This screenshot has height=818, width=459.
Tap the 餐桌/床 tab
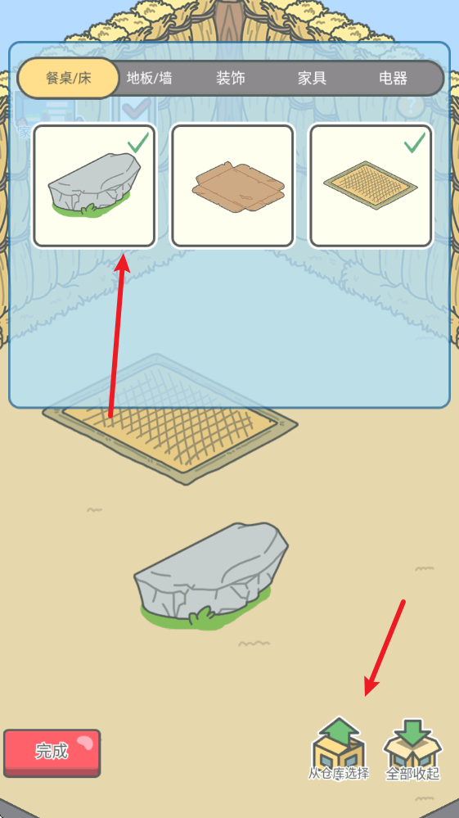pyautogui.click(x=69, y=79)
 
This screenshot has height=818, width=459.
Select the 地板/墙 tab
pyautogui.click(x=150, y=79)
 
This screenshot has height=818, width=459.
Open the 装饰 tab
pyautogui.click(x=231, y=79)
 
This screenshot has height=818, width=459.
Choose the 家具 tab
pyautogui.click(x=312, y=79)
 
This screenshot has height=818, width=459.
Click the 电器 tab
pyautogui.click(x=394, y=79)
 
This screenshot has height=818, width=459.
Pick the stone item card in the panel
pyautogui.click(x=94, y=185)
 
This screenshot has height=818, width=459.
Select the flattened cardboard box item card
pyautogui.click(x=233, y=185)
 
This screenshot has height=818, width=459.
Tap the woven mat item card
pyautogui.click(x=371, y=185)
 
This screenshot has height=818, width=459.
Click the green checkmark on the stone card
pyautogui.click(x=138, y=142)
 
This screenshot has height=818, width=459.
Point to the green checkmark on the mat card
pyautogui.click(x=415, y=142)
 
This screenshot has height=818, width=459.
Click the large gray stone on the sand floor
pyautogui.click(x=211, y=574)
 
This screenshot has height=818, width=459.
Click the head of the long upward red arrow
pyautogui.click(x=123, y=261)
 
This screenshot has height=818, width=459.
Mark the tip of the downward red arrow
pyautogui.click(x=365, y=695)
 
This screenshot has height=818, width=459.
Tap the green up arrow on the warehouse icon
pyautogui.click(x=339, y=730)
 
